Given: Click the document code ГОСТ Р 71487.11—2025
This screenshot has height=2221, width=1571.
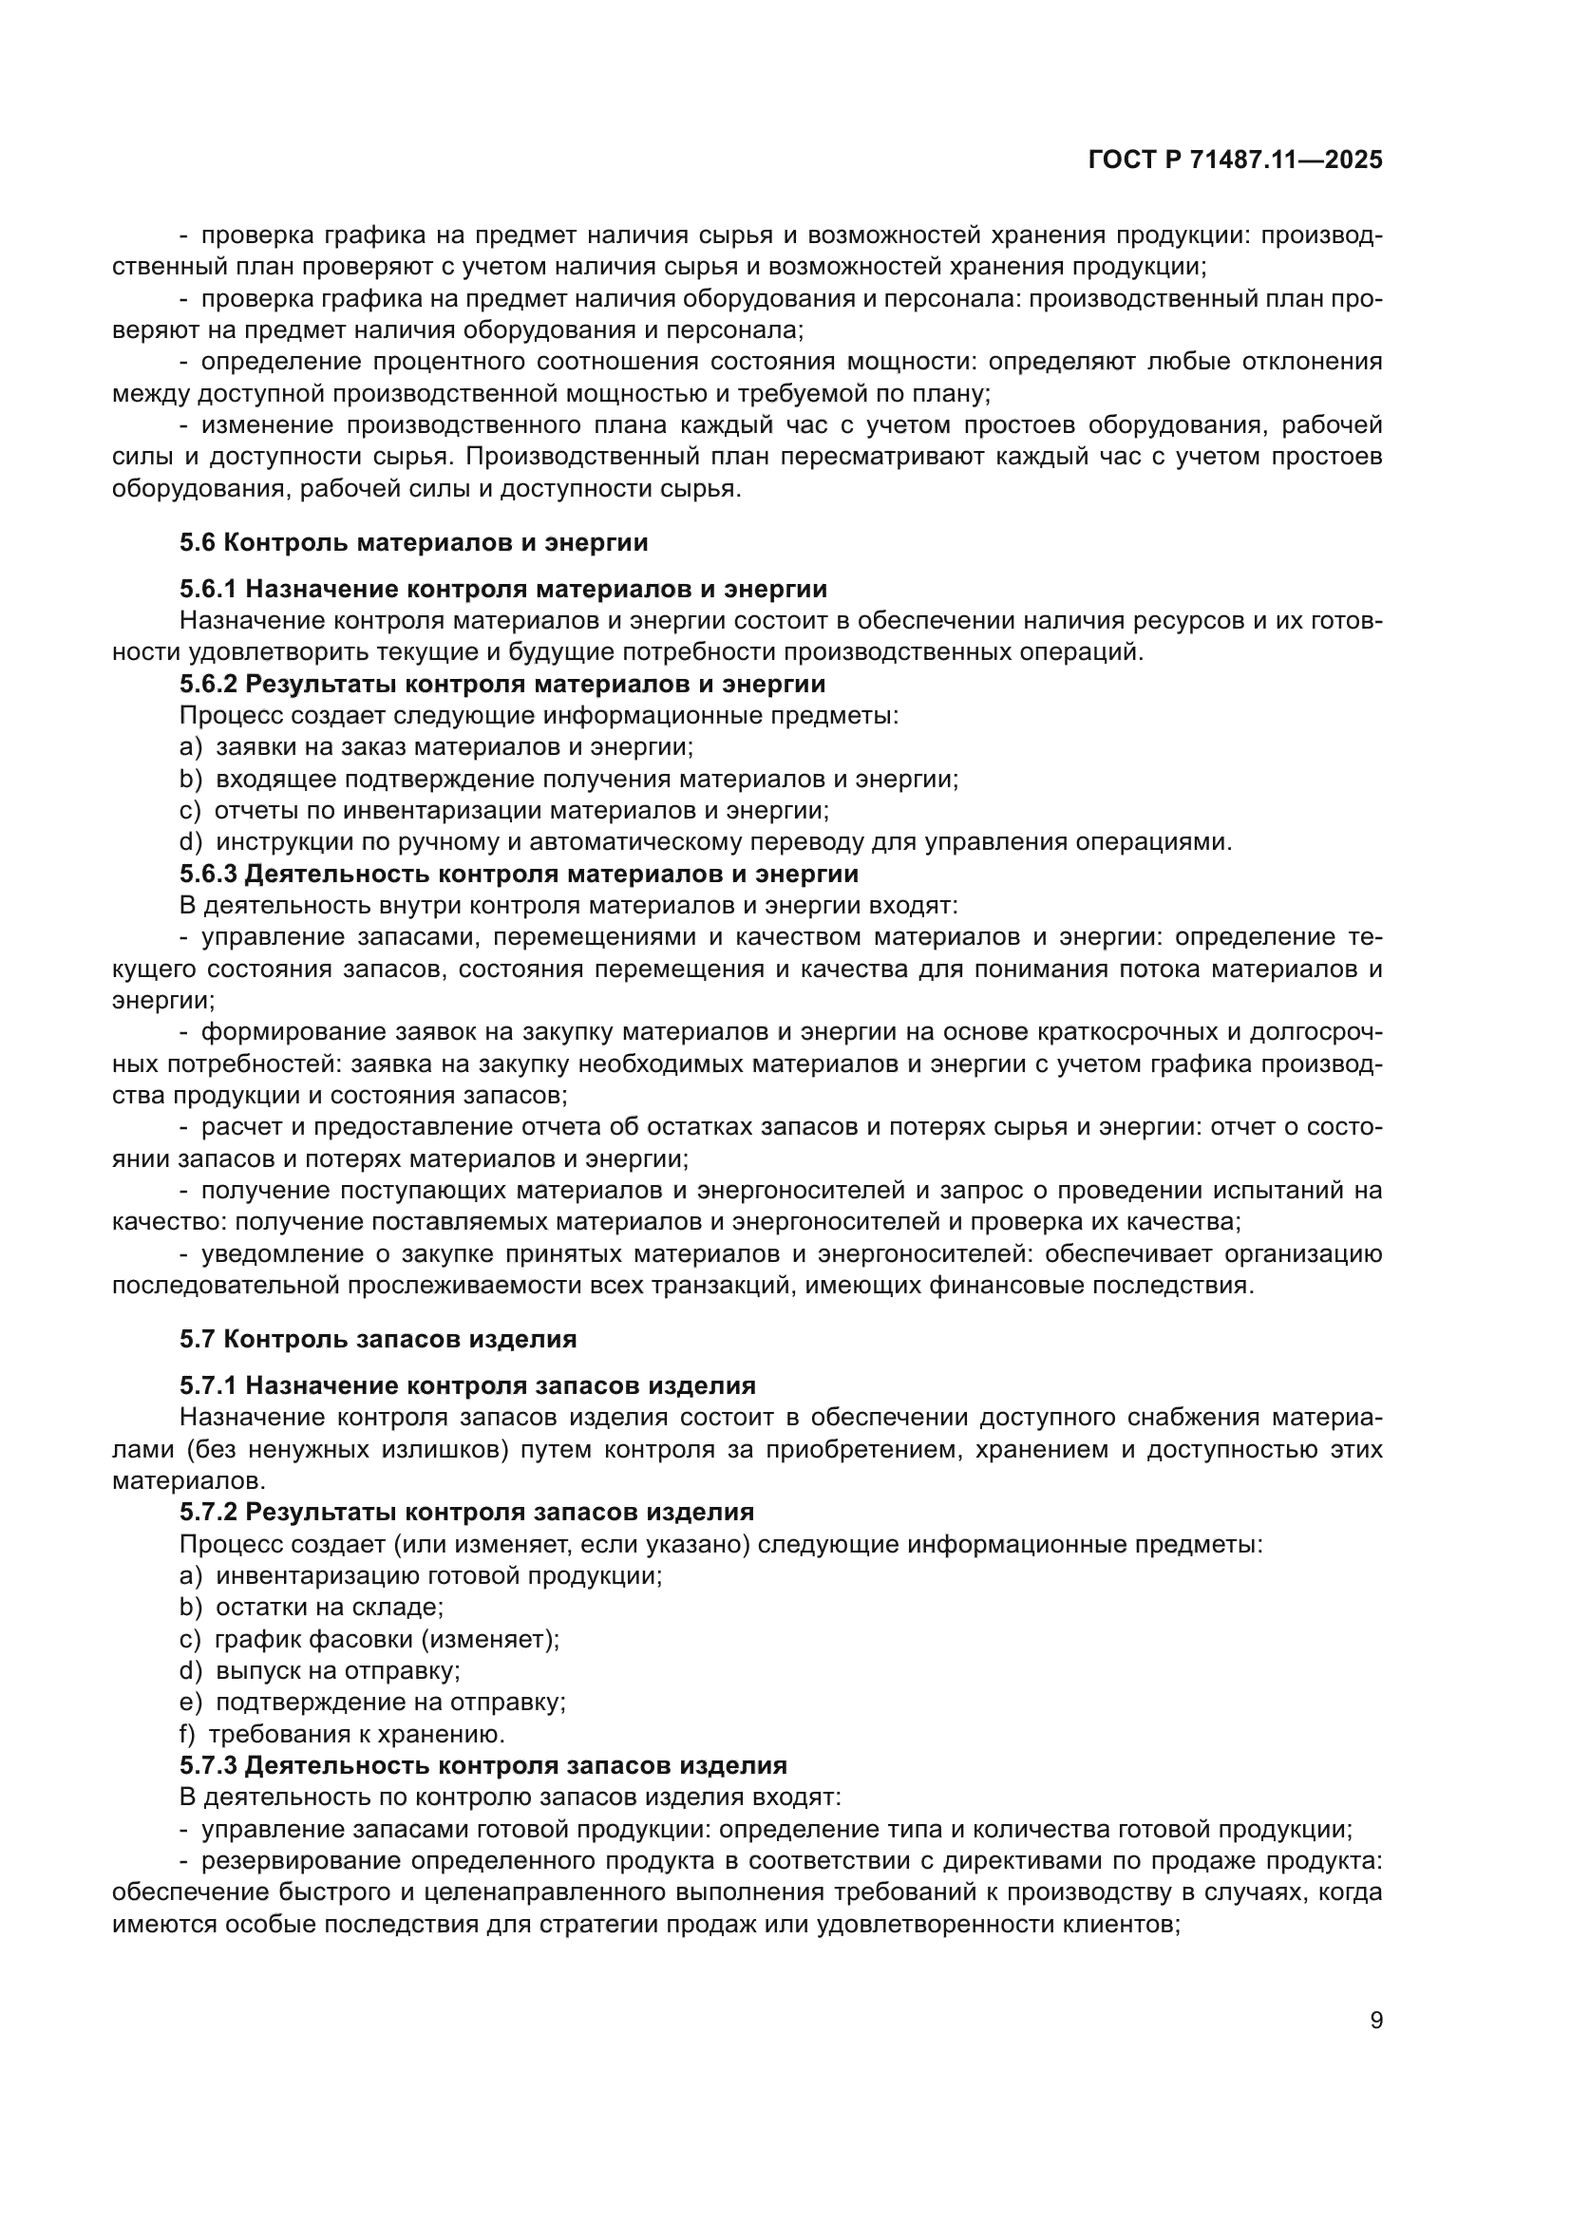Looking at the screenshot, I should tap(1236, 160).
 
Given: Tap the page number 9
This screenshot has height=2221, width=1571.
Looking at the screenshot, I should tap(1376, 2020).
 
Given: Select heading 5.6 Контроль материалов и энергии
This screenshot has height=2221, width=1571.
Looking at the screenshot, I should tap(413, 543).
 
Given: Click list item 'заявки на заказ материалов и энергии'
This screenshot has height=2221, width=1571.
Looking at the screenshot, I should tap(455, 746).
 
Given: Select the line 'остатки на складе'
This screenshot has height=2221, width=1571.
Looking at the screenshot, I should tap(329, 1607).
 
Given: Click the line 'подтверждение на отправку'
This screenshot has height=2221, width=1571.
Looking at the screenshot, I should tap(389, 1702).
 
